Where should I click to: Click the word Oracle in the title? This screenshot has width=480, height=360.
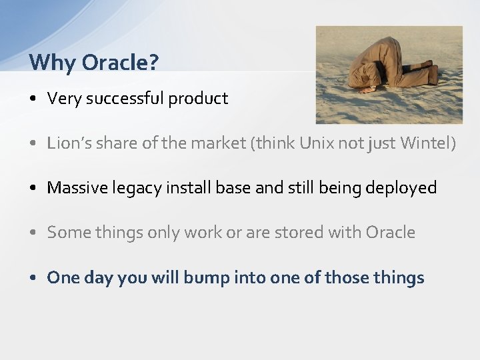point(120,63)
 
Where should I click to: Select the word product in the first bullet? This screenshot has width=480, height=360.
point(198,99)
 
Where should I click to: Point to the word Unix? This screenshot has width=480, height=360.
point(313,143)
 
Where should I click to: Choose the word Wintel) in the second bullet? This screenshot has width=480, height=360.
point(428,143)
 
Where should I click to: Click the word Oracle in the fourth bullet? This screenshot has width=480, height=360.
point(390,232)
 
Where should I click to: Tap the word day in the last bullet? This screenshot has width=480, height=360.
point(99,278)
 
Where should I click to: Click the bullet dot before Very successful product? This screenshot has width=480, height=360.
point(33,99)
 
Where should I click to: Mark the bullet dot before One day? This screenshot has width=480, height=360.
point(33,278)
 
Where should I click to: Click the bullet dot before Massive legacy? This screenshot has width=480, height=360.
point(33,189)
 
